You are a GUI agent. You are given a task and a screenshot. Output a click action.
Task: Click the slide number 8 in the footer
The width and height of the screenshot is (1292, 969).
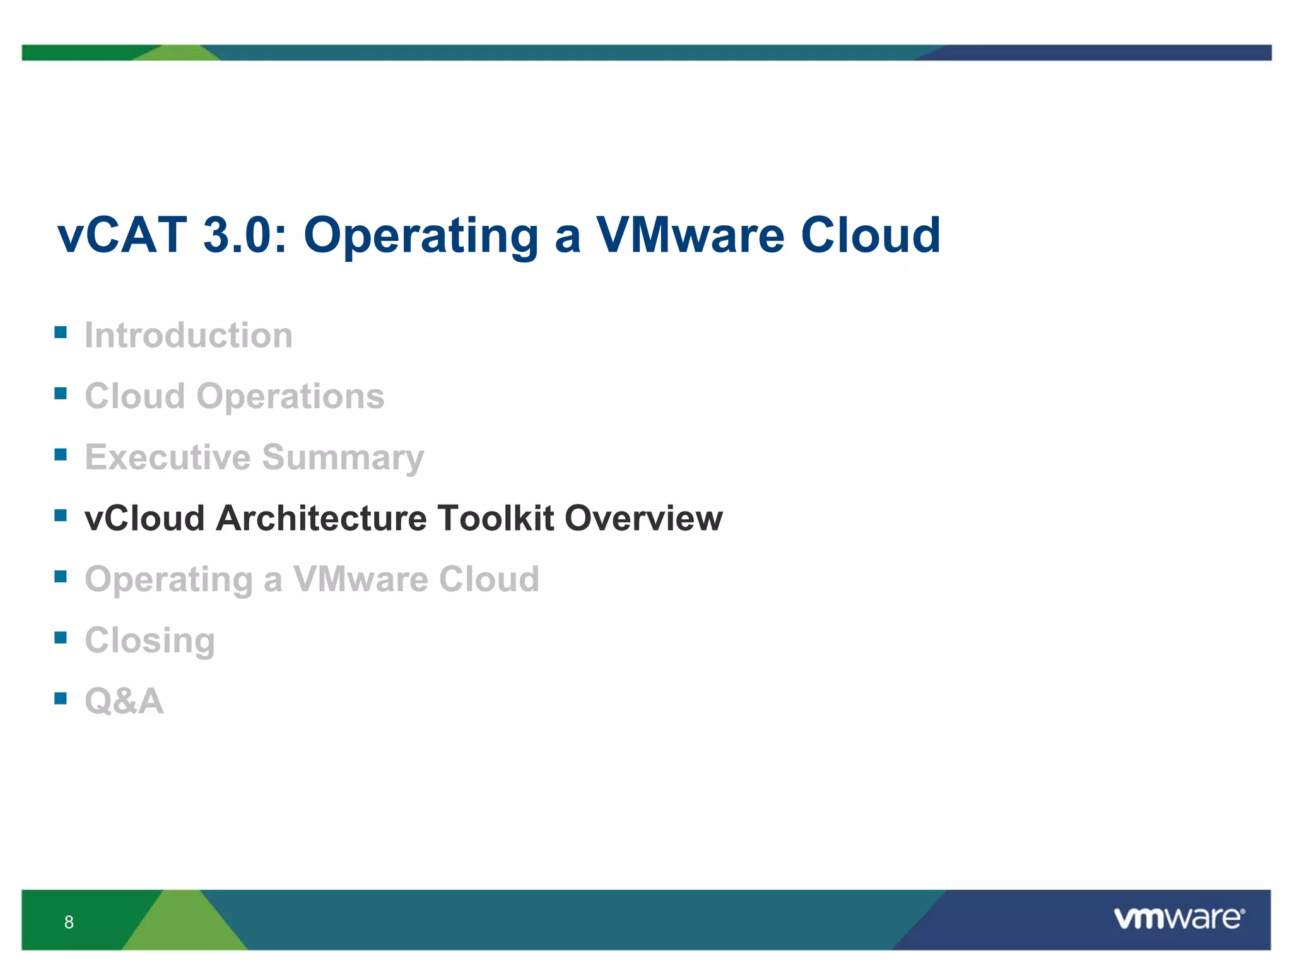pyautogui.click(x=69, y=922)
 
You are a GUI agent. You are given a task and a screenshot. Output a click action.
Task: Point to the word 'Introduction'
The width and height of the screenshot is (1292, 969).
pyautogui.click(x=189, y=335)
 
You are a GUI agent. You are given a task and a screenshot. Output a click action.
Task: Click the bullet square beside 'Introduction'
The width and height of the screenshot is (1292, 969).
pyautogui.click(x=61, y=332)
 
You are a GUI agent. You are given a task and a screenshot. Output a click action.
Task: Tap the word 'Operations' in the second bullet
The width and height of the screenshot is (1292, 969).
pyautogui.click(x=290, y=396)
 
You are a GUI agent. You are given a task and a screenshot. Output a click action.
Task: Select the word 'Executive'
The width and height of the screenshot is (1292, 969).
pyautogui.click(x=167, y=457)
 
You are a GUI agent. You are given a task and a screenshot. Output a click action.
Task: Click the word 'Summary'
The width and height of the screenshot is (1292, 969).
pyautogui.click(x=343, y=458)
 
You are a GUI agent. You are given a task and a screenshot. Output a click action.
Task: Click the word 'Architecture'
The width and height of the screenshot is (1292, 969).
pyautogui.click(x=321, y=518)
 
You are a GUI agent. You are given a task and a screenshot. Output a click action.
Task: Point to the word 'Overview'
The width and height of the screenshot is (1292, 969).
pyautogui.click(x=643, y=518)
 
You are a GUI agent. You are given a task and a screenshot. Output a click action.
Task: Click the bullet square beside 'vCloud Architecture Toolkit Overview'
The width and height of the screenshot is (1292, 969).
pyautogui.click(x=61, y=515)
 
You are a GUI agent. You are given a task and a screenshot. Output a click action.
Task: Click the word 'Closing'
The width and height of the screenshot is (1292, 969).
pyautogui.click(x=150, y=641)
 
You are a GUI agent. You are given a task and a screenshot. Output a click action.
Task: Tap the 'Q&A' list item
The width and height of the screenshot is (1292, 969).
pyautogui.click(x=124, y=701)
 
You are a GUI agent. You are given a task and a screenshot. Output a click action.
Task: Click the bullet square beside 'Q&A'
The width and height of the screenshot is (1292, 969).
pyautogui.click(x=61, y=698)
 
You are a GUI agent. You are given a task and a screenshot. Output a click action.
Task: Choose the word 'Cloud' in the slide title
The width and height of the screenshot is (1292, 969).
pyautogui.click(x=871, y=235)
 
